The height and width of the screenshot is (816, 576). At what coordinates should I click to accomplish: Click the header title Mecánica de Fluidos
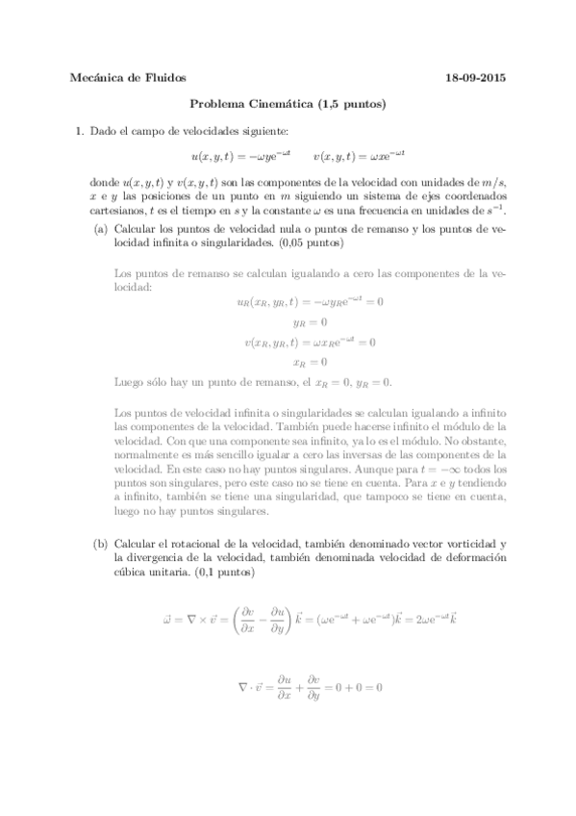[x=129, y=78]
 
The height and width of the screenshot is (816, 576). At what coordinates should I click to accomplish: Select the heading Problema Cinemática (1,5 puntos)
[x=288, y=105]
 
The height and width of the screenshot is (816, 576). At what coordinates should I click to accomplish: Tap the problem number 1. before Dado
[x=79, y=131]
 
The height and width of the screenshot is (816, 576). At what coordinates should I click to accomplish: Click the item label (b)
[x=100, y=544]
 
